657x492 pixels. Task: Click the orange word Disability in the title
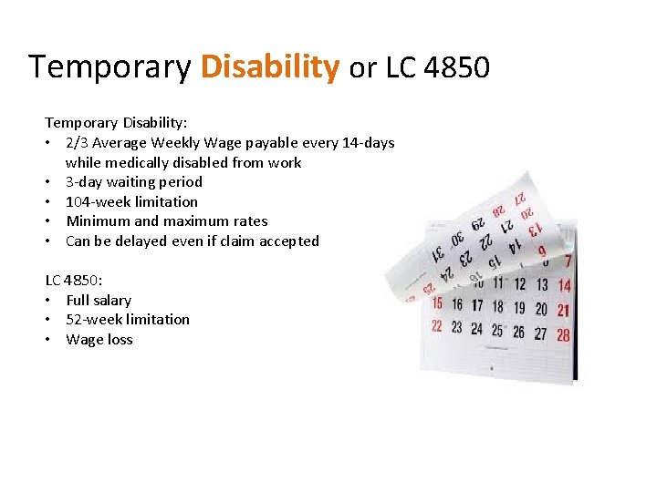pos(270,67)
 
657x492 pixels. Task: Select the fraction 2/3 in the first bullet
pos(78,143)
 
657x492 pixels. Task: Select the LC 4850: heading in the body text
pos(74,281)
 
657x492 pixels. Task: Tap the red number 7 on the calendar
pos(568,261)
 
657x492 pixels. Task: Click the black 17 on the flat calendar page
pos(477,305)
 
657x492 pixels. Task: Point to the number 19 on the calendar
pos(519,308)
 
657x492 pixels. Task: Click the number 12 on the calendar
pos(519,285)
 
